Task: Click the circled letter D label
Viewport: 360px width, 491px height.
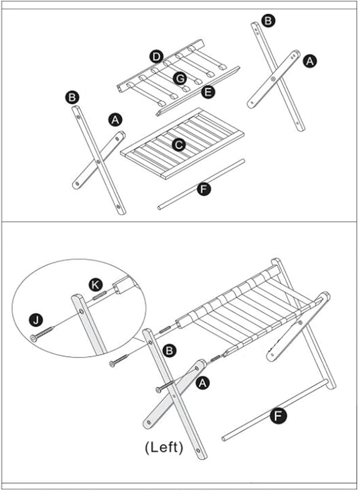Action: [156, 57]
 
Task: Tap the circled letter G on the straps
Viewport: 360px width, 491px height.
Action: [180, 79]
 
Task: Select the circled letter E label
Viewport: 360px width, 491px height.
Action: [208, 92]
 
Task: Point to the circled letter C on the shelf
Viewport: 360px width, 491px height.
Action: [179, 145]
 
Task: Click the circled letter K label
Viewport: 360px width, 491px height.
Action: [96, 285]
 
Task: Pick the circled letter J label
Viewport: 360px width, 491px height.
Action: [36, 320]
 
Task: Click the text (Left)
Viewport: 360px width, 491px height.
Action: [164, 447]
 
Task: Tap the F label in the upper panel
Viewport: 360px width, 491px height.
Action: [204, 189]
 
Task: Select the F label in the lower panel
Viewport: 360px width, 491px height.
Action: [278, 416]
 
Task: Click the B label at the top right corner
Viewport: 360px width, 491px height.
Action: [268, 21]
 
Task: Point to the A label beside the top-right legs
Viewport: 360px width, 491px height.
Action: [309, 61]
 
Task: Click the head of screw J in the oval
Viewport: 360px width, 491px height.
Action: [34, 338]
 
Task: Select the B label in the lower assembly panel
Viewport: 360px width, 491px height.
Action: [169, 351]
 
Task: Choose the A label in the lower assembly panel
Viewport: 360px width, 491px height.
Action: [203, 382]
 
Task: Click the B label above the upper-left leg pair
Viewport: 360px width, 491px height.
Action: [72, 97]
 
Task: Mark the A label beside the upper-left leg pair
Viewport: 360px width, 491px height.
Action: [115, 120]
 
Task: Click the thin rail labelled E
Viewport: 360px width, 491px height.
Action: [198, 91]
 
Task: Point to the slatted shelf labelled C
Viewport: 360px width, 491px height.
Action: [182, 143]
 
